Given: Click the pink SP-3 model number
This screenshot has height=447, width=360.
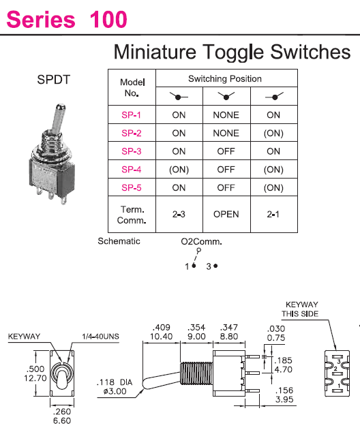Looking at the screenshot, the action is pos(131,151).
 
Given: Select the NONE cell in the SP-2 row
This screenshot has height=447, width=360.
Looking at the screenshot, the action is pos(226,133).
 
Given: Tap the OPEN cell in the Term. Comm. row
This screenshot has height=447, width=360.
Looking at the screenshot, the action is pos(226,214).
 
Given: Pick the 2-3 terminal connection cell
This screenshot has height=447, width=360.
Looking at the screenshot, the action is pos(179,214).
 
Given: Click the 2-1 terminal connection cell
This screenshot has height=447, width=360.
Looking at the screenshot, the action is pos(273,214).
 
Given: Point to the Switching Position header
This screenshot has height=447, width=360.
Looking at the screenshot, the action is pos(225,78).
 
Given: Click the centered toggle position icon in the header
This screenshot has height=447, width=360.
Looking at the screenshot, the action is pos(226,96).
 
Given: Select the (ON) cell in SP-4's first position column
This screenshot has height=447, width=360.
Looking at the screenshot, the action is pos(179,170).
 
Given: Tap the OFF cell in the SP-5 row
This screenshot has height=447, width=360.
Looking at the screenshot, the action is pos(226,187).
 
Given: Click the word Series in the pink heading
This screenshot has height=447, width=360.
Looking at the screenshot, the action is pos(41,19).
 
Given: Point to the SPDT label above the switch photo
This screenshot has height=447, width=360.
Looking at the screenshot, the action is pos(54,80).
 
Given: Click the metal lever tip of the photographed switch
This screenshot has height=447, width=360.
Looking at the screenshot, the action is pos(61,108).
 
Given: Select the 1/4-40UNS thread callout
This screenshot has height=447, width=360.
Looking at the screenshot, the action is pos(100,337).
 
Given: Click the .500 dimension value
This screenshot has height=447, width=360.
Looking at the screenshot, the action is pos(35,369).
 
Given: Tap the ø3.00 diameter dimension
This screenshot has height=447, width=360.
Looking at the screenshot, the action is pos(115,391).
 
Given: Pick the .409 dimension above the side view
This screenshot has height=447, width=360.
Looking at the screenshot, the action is pos(161,327).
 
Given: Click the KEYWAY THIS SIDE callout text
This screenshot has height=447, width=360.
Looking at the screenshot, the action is pos(300,309).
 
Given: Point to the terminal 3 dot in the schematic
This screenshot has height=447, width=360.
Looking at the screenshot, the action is pos(215,266).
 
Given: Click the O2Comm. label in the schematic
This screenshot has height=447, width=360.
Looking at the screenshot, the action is pos(201,242).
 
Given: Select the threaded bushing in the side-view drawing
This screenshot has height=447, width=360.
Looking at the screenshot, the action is pos(196,373).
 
